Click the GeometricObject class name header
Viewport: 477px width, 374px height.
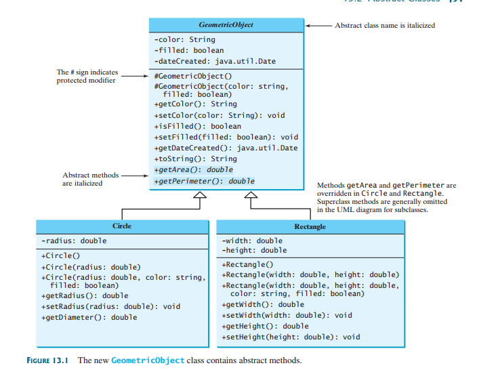[226, 25]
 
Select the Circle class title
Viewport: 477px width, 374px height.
[122, 226]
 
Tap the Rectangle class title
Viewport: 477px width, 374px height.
[310, 226]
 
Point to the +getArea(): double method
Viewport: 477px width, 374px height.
[193, 169]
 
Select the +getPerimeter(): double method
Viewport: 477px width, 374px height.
[205, 181]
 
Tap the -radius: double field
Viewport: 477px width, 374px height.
[74, 241]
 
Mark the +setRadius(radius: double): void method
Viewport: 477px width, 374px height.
[111, 306]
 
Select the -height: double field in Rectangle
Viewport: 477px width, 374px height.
[254, 251]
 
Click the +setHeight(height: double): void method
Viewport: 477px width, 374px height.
[291, 337]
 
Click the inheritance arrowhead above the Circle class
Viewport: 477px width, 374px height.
[199, 196]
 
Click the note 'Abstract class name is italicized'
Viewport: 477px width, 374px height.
[385, 25]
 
